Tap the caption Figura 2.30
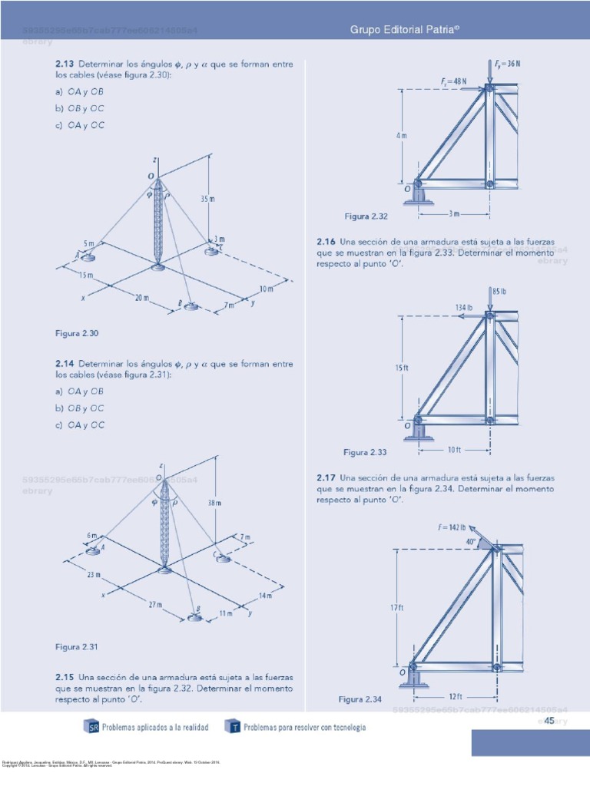pos(78,334)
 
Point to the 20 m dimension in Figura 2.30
pos(141,297)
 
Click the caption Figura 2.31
pos(78,647)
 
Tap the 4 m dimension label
pos(402,136)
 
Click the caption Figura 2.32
pos(366,216)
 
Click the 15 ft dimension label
pos(402,368)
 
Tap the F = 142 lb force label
pos(453,527)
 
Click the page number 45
pos(549,721)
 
